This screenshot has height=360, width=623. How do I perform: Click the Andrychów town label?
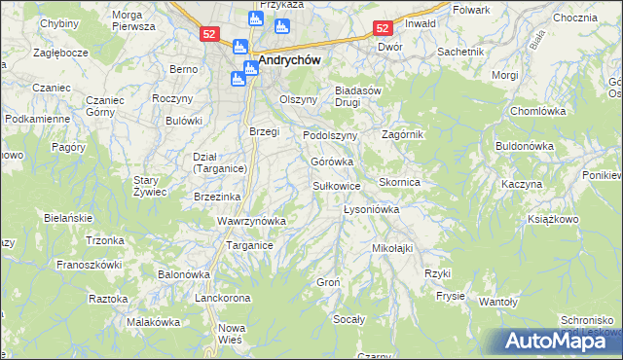point(290,57)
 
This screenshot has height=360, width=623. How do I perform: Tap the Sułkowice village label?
point(337,185)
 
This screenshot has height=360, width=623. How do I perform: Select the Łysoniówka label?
point(373,209)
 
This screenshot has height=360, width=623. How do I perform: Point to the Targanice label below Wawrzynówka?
point(249,246)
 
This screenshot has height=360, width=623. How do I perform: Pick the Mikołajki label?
point(392,248)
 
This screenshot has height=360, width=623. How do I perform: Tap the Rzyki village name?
point(437,273)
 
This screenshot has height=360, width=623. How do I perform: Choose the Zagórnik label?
point(403,134)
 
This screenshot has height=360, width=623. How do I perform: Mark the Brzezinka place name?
point(218,196)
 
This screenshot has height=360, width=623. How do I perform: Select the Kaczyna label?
point(521,183)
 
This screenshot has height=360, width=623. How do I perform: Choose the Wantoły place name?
point(497,302)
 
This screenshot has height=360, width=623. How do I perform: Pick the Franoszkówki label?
point(88,264)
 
